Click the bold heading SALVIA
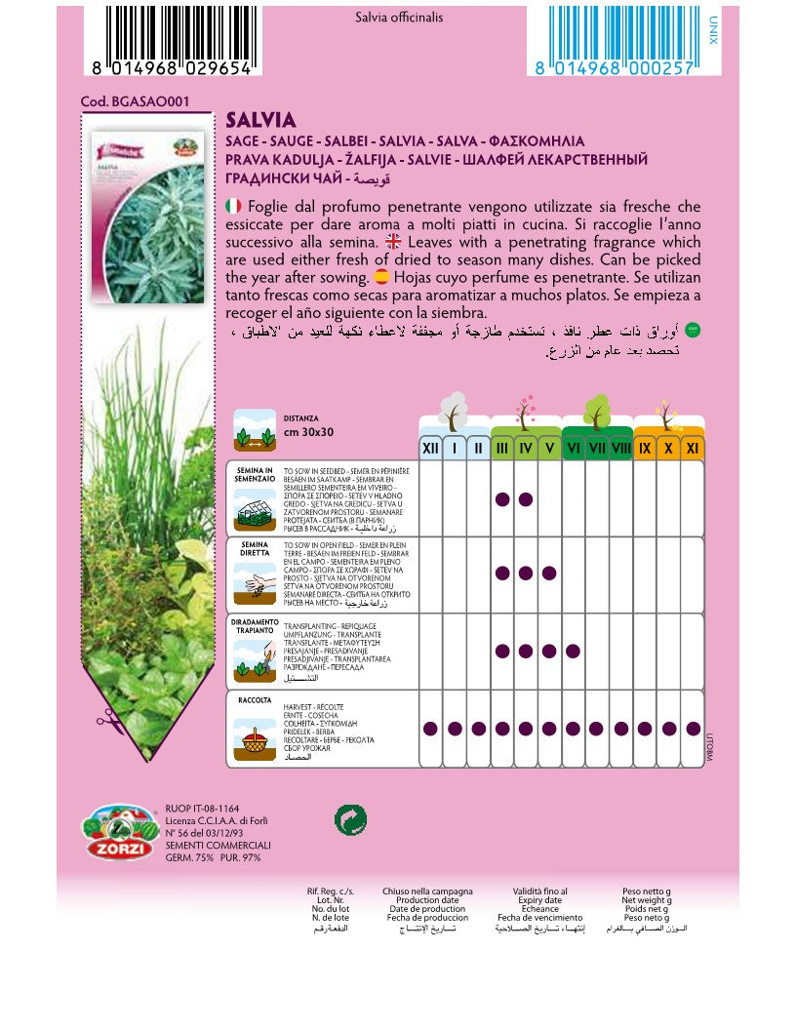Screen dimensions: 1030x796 [x=260, y=120]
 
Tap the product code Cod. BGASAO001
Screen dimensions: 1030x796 [x=135, y=100]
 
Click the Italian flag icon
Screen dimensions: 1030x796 [x=233, y=206]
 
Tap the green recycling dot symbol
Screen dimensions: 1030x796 [x=349, y=820]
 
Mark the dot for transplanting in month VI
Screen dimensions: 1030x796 [x=573, y=651]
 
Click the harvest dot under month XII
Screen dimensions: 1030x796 [x=430, y=728]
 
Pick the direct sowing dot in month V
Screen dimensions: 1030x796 [x=549, y=574]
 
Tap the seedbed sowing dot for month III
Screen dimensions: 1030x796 [x=501, y=499]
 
